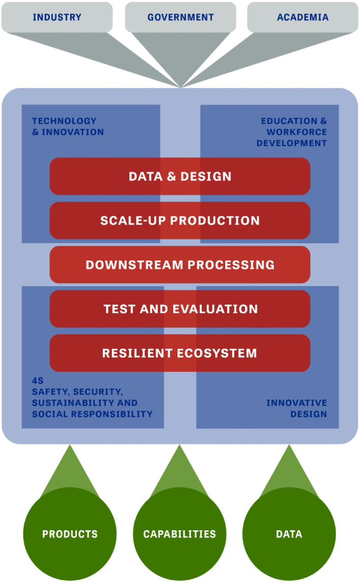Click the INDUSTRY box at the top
(x=57, y=17)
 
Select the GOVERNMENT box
(x=180, y=17)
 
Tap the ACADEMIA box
(x=303, y=17)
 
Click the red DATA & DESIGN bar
(x=180, y=176)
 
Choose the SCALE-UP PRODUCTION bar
(x=180, y=221)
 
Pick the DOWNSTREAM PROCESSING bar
(x=180, y=265)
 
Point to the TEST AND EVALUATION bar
(x=180, y=309)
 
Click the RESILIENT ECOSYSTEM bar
(x=180, y=353)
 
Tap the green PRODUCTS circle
(x=70, y=534)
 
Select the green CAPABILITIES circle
(x=180, y=534)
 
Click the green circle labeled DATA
(x=289, y=534)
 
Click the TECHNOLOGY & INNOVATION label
(x=68, y=126)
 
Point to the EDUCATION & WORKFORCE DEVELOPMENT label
(x=292, y=132)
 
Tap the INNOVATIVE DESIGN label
(x=297, y=408)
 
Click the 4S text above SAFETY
(x=38, y=381)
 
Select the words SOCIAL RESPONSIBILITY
(x=92, y=414)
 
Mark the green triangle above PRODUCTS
(x=70, y=470)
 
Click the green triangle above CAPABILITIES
(x=180, y=470)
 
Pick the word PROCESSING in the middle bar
(x=231, y=265)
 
